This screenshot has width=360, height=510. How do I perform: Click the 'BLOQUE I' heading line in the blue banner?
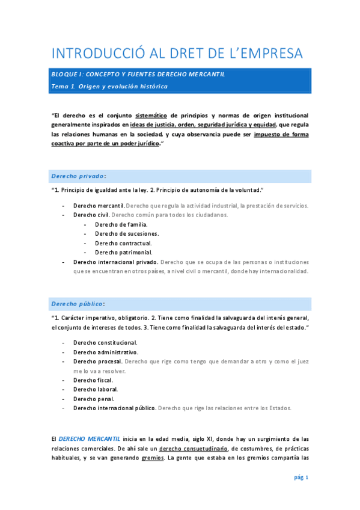point(138,75)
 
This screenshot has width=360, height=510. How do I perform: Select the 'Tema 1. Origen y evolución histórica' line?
point(109,87)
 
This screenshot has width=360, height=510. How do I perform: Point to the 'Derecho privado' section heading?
point(78,176)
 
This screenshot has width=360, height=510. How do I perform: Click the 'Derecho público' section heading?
point(78,304)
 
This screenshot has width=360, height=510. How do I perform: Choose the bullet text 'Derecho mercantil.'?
point(99,206)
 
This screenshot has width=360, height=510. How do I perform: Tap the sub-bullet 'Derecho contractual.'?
point(123,243)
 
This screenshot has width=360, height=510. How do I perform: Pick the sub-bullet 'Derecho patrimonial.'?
point(123,253)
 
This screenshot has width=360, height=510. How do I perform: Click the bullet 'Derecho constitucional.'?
point(105,342)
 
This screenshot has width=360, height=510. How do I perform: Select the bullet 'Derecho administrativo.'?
point(106,352)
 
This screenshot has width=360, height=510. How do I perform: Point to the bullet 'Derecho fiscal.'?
point(93,380)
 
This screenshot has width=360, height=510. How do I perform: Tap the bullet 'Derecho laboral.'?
point(95,389)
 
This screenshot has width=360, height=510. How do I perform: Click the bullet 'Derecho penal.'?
point(93,399)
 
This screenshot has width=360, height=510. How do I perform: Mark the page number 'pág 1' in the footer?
point(301,478)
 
